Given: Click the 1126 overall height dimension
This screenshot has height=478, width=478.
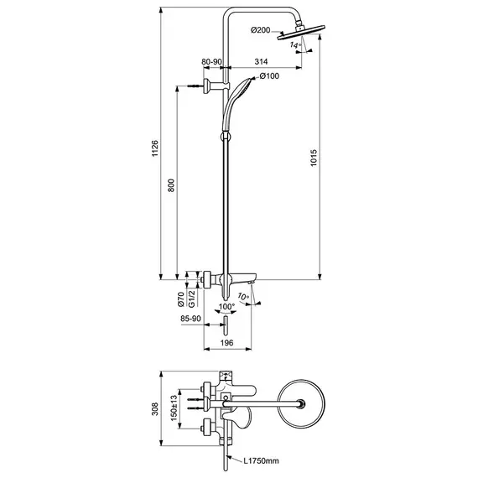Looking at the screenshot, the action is click(x=155, y=148).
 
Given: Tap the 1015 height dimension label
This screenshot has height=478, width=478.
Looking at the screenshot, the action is click(x=314, y=158).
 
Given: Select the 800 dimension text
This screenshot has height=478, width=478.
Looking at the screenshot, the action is click(x=171, y=185).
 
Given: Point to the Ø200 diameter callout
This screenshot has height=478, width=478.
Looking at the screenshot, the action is click(x=260, y=30).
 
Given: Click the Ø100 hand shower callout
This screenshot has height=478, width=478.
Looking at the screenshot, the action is click(x=269, y=76).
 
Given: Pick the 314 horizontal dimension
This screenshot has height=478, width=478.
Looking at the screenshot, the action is click(x=262, y=61).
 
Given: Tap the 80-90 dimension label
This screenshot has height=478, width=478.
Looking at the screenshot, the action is click(x=211, y=61).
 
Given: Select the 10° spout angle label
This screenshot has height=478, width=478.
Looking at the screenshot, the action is click(x=243, y=296).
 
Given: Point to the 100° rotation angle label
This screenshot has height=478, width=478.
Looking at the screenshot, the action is click(x=226, y=306).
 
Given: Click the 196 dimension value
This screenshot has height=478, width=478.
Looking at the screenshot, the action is click(x=226, y=343).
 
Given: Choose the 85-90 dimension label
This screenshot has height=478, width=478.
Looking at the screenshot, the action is click(x=191, y=319).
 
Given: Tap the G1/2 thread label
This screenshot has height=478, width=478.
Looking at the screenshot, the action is click(x=191, y=299).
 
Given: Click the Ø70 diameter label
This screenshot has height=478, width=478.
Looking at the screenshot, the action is click(x=181, y=299).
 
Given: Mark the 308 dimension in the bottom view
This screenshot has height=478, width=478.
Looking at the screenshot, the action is click(x=155, y=408).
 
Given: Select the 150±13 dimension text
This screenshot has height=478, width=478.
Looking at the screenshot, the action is click(x=174, y=408).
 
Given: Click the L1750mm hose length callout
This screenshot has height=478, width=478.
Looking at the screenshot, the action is click(x=261, y=460).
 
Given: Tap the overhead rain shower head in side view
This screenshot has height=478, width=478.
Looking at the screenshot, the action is click(x=301, y=31).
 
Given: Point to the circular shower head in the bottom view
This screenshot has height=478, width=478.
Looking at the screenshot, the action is click(x=302, y=403).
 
